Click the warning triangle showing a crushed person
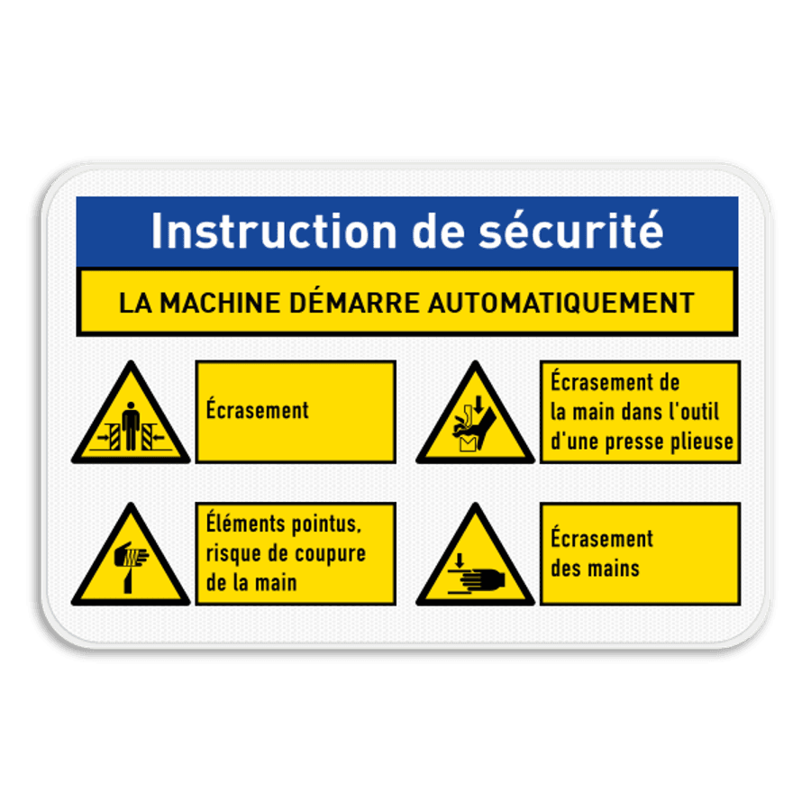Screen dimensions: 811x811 point(132,420)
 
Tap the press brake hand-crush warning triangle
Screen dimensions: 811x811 point(475,420)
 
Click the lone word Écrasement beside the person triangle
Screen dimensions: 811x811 point(257,411)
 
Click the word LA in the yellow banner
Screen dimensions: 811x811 point(133,303)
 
